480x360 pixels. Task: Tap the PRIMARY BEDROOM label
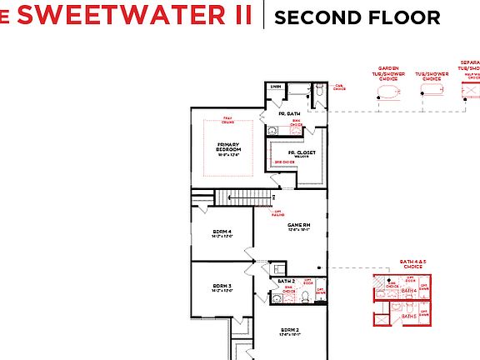tap(228, 147)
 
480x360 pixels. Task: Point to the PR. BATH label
tap(289, 112)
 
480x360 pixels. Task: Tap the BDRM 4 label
tap(222, 232)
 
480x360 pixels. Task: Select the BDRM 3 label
tap(222, 287)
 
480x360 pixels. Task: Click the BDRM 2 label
tap(290, 330)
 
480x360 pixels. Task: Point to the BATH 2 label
tap(286, 282)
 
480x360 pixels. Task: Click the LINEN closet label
tap(276, 87)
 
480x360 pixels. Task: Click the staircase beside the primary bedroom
tap(246, 197)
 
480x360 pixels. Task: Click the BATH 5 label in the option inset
tap(408, 317)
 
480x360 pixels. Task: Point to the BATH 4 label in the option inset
tap(408, 291)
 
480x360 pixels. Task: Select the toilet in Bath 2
tap(277, 269)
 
